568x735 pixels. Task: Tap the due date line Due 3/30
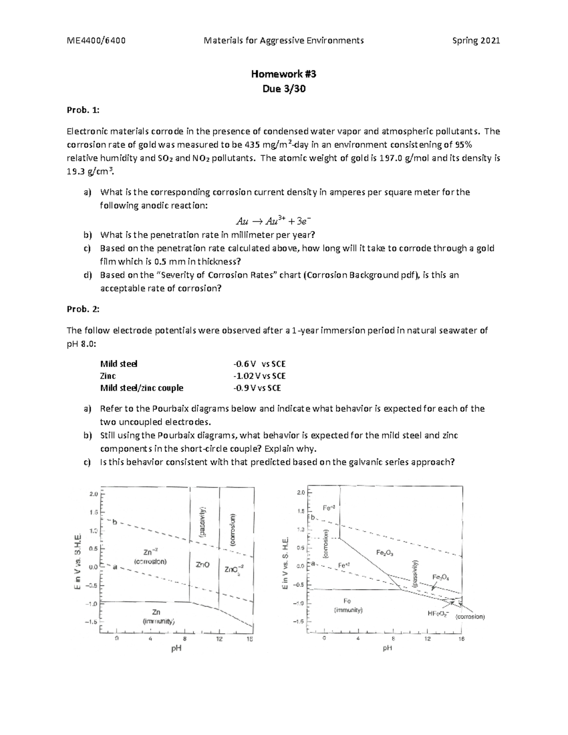284,89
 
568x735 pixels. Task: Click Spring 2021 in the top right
476,41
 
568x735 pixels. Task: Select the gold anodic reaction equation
274,221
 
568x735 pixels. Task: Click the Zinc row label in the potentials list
108,376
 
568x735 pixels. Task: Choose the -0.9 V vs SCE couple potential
257,388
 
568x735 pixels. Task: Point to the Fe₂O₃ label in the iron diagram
385,552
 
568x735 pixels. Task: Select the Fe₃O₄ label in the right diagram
441,577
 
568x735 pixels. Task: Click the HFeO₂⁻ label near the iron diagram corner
439,614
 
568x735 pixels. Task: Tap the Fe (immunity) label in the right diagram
348,605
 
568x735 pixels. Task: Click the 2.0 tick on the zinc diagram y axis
93,494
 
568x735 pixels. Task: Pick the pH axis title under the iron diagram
388,648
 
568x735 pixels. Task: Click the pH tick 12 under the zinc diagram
220,639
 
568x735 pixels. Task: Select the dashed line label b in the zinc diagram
114,522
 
